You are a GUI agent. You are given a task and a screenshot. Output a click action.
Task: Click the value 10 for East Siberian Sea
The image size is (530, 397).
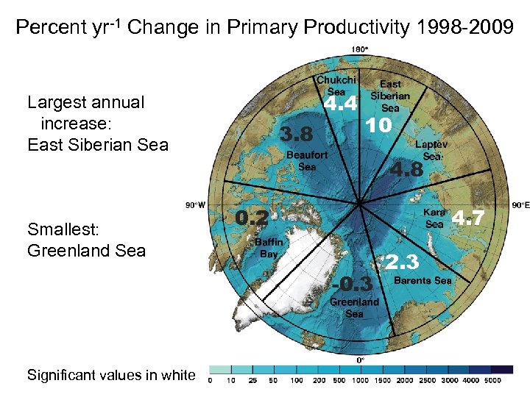379,126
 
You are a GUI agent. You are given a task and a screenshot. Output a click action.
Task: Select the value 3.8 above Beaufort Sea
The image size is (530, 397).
297,135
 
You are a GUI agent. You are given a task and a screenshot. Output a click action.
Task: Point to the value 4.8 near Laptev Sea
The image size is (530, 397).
406,170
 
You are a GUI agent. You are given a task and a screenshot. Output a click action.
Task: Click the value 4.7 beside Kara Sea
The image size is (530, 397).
468,218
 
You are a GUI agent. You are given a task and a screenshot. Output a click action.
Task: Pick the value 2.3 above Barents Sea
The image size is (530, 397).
402,262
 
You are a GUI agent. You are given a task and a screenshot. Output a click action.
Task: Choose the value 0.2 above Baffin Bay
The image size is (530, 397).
251,218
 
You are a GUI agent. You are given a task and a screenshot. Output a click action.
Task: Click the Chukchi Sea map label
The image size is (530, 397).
336,85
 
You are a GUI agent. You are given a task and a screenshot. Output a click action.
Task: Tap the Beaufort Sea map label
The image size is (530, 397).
307,161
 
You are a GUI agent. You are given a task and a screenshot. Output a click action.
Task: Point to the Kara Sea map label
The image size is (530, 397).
434,218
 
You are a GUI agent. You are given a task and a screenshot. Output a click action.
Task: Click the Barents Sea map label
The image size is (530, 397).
423,280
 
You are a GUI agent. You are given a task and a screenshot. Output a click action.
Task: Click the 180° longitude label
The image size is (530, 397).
360,50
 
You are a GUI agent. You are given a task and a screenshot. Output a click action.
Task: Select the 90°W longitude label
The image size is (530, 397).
195,205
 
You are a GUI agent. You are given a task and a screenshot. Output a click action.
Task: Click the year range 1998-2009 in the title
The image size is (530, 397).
464,28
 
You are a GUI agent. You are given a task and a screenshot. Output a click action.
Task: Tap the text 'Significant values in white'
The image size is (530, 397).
111,375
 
